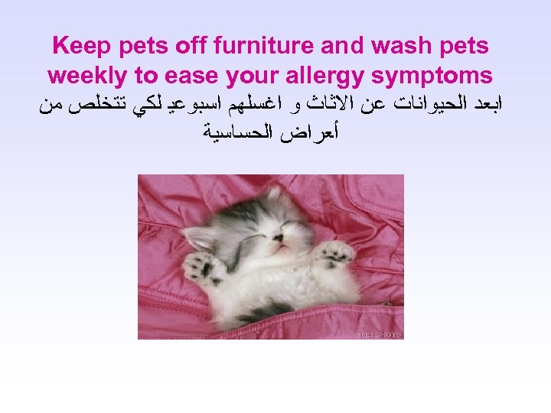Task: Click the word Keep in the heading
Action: point(79,46)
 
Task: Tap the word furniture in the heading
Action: point(263,46)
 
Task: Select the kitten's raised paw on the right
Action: point(335,253)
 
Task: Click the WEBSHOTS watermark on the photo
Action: point(380,334)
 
